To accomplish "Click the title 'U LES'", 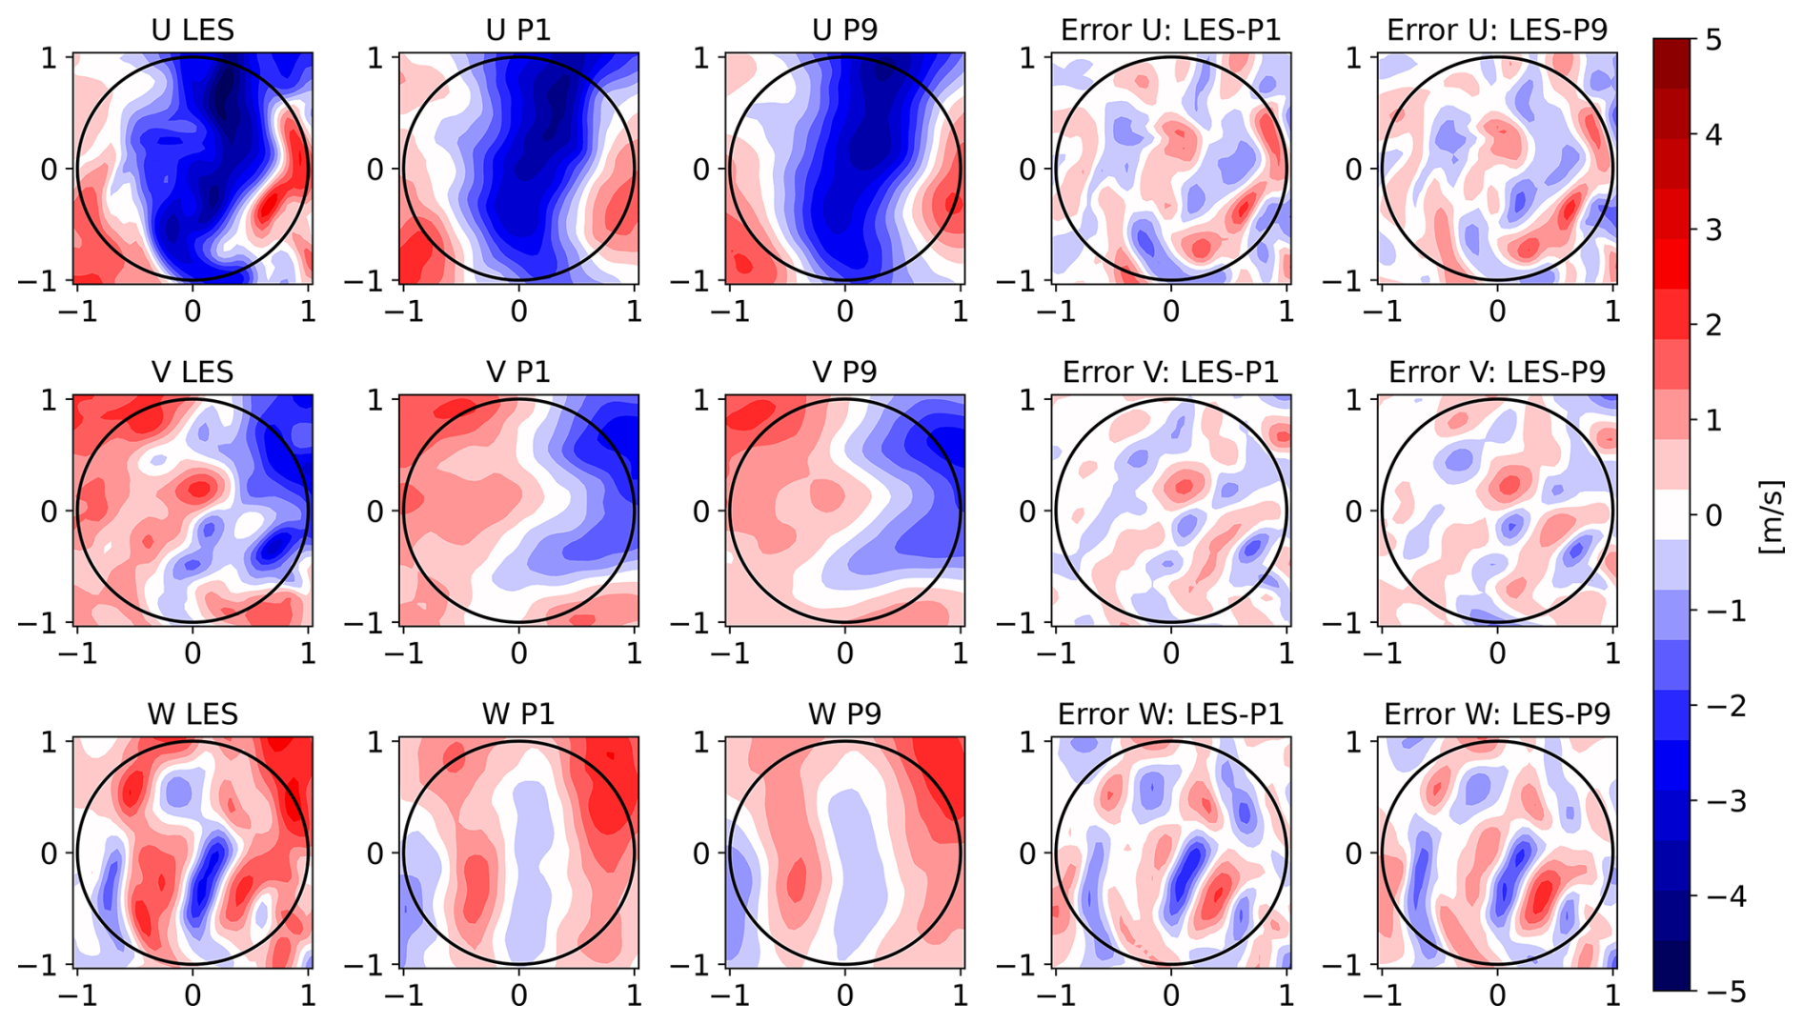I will pyautogui.click(x=192, y=30).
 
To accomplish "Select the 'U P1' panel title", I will pyautogui.click(x=518, y=30).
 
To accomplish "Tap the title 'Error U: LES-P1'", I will pyautogui.click(x=1170, y=30).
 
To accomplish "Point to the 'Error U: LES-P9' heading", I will pyautogui.click(x=1496, y=30).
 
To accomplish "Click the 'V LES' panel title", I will pyautogui.click(x=192, y=371).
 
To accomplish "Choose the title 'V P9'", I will pyautogui.click(x=844, y=371).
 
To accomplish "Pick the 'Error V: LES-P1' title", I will pyautogui.click(x=1170, y=371).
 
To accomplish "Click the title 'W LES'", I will pyautogui.click(x=192, y=713).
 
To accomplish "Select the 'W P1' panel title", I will pyautogui.click(x=518, y=713).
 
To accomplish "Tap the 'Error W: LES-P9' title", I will pyautogui.click(x=1496, y=713).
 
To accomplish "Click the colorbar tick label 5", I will pyautogui.click(x=1712, y=41).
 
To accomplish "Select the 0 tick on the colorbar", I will pyautogui.click(x=1712, y=515).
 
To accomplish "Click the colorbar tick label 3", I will pyautogui.click(x=1712, y=231).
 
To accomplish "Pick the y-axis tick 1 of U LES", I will pyautogui.click(x=50, y=58).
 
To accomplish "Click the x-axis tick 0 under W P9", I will pyautogui.click(x=845, y=995).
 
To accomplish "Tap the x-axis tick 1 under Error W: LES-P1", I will pyautogui.click(x=1286, y=995).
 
